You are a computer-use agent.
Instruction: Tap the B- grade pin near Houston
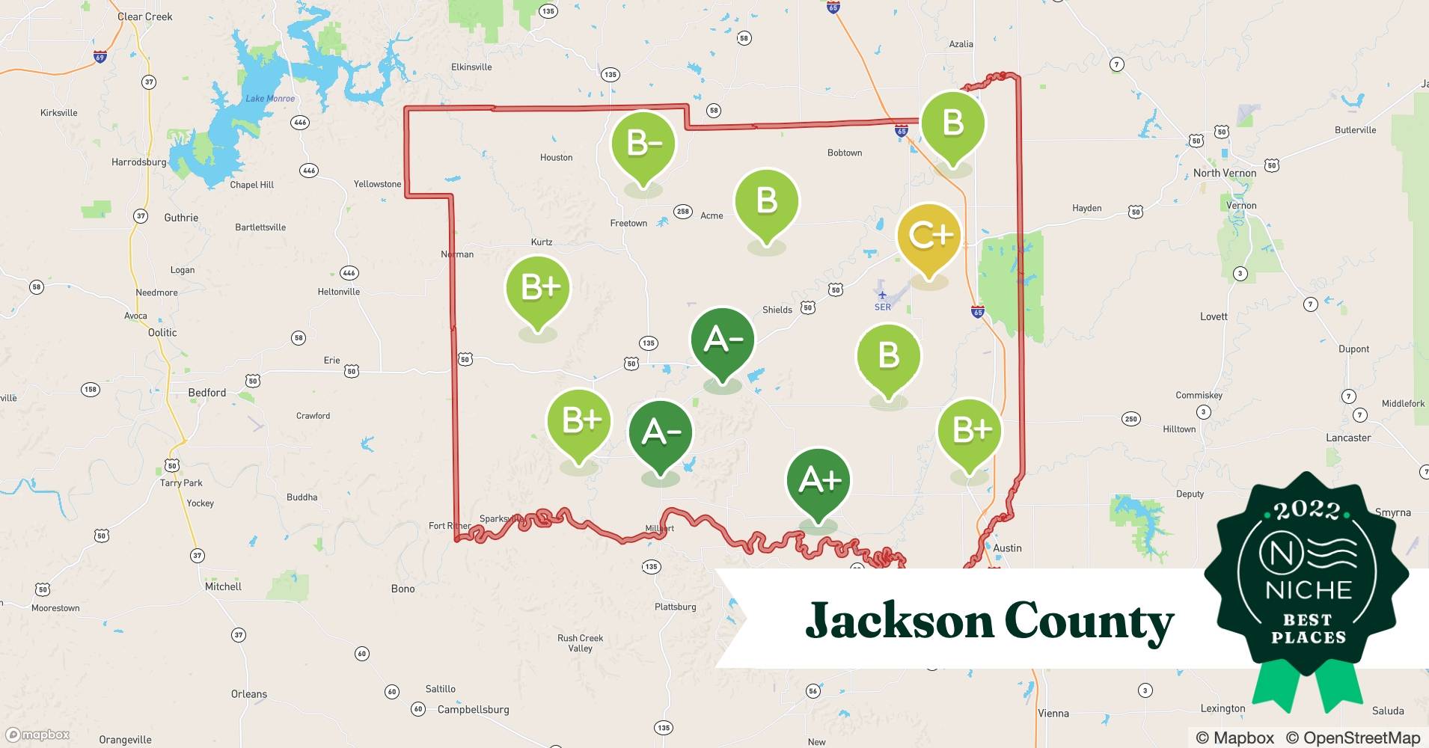[643, 144]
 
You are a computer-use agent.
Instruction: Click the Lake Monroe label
[270, 99]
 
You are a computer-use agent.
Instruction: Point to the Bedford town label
[206, 393]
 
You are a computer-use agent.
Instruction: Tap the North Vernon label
[1224, 173]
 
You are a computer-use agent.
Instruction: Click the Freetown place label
[628, 223]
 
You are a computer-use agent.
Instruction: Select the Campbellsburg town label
[473, 709]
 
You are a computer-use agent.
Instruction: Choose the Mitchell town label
[223, 586]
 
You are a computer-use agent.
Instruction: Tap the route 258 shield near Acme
[682, 212]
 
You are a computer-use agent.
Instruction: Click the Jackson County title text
[989, 621]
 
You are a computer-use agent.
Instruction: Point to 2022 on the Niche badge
[1307, 511]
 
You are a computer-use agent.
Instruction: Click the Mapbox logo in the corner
[37, 735]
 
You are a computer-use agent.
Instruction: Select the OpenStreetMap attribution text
[1353, 738]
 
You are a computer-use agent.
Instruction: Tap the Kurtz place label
[541, 242]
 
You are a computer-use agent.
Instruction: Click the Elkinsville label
[471, 67]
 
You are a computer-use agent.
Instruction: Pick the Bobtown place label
[844, 153]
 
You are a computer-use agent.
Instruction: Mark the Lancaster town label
[1348, 438]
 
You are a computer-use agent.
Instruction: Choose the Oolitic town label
[162, 333]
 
